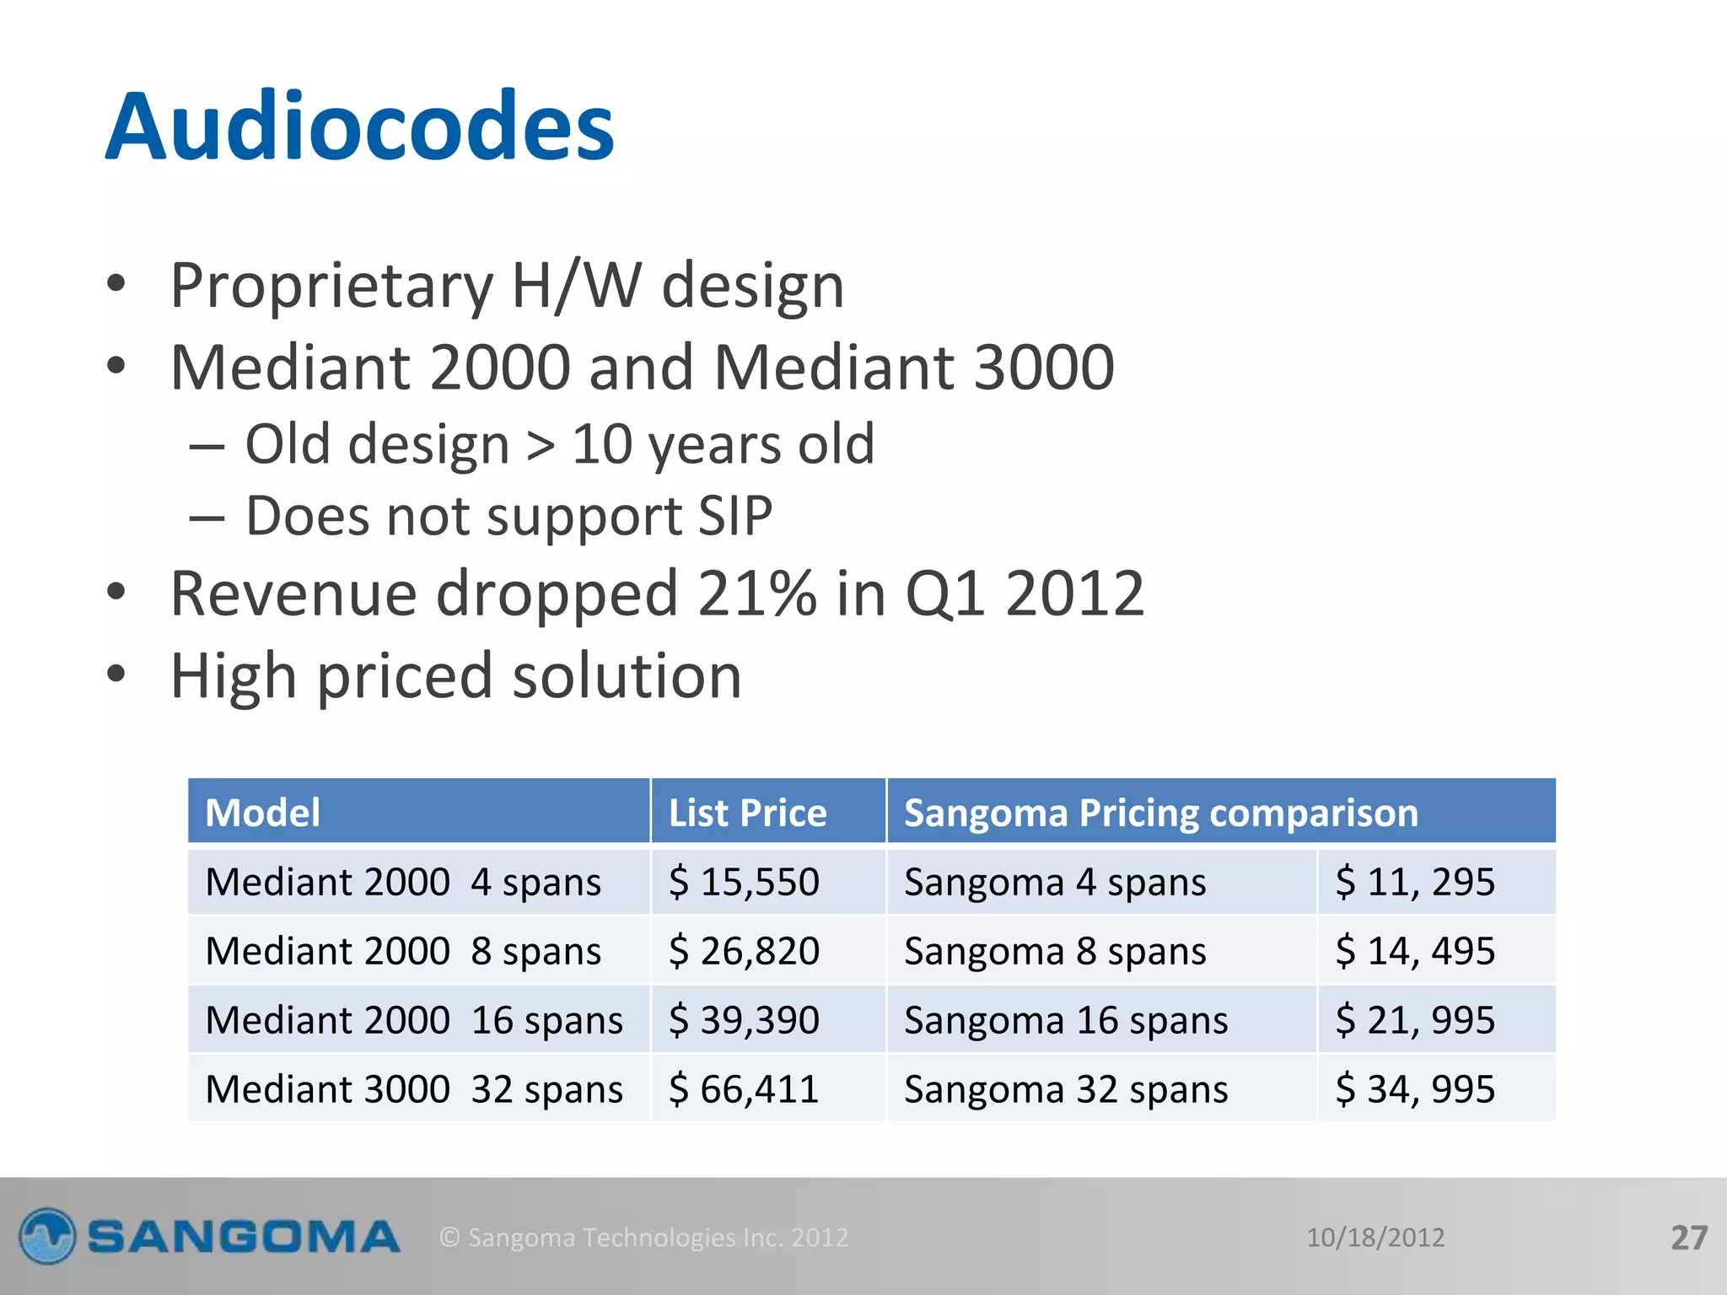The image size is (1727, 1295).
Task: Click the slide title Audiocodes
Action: (360, 127)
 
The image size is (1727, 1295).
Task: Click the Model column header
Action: (262, 813)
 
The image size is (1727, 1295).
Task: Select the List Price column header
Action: (747, 813)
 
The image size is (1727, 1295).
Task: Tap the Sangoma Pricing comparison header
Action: (1160, 813)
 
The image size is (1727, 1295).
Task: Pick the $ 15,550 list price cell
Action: (744, 882)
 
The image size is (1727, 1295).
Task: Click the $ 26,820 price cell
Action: (744, 951)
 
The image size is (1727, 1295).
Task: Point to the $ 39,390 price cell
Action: (744, 1020)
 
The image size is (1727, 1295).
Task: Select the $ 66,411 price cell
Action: (744, 1089)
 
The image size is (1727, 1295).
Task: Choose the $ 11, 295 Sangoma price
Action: (1415, 882)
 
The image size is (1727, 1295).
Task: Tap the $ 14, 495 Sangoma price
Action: (1415, 951)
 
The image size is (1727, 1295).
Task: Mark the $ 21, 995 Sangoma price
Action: (1415, 1020)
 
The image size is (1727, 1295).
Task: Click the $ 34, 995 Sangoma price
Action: (1415, 1089)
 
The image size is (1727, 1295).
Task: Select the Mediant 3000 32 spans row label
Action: (414, 1089)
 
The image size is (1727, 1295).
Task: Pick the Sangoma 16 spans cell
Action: (1066, 1020)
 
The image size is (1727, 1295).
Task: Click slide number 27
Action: (1689, 1238)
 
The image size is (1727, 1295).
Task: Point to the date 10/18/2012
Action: (1375, 1238)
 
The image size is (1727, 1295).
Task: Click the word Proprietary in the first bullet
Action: (331, 287)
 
